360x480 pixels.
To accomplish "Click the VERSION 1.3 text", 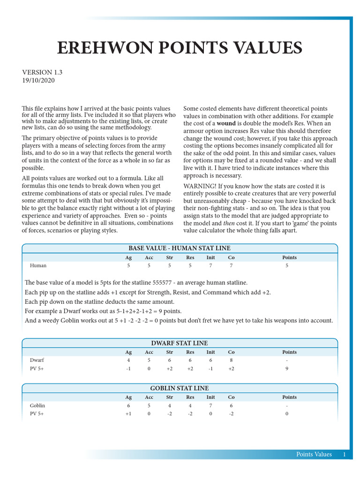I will coord(42,72).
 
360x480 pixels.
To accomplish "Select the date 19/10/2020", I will coord(38,80).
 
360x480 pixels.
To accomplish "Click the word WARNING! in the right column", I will coord(200,186).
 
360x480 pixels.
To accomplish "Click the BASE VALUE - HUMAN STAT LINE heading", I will coord(180,248).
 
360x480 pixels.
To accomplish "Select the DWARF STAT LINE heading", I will coord(180,343).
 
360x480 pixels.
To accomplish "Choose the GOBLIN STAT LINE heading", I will coord(180,388).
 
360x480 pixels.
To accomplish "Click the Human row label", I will coord(38,265).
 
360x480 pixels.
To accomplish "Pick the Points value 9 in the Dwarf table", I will coord(287,369).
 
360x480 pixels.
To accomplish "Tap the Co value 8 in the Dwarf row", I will coord(232,360).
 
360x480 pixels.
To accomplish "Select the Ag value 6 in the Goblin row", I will coord(128,405).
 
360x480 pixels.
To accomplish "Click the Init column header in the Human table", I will coord(211,257).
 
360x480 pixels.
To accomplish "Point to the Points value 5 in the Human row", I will coord(287,265).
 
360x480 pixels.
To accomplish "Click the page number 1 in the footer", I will coord(345,454).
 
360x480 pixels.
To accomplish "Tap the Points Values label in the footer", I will coord(314,454).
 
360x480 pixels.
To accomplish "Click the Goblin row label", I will coord(37,405).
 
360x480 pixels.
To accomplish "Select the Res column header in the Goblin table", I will coord(190,397).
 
